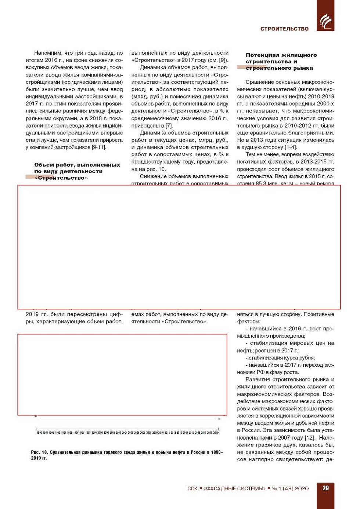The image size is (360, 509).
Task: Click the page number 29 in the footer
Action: (x=325, y=488)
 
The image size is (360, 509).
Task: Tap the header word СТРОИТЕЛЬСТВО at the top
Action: (x=284, y=29)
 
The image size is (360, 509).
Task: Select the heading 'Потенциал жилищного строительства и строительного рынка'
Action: (x=281, y=61)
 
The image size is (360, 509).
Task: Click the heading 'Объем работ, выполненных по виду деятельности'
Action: (x=77, y=168)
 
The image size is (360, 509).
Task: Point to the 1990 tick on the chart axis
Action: (x=39, y=433)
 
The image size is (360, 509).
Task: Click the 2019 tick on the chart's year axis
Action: (x=216, y=433)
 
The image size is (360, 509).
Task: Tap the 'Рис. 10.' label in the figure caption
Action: (x=39, y=452)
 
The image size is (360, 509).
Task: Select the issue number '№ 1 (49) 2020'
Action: (x=290, y=488)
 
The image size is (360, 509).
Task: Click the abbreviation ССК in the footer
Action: (x=192, y=488)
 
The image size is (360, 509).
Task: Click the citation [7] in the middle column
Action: (x=169, y=126)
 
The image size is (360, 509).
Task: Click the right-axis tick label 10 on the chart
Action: (x=219, y=419)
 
